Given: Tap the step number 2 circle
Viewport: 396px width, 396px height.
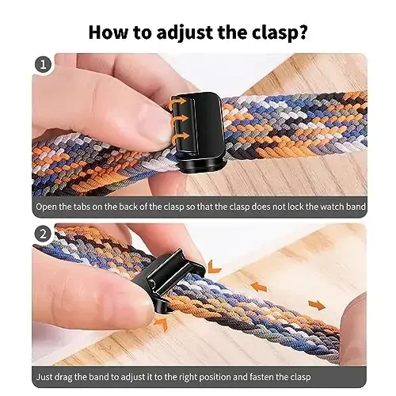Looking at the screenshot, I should coord(44,235).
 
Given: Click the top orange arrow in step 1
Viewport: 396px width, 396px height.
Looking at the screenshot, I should coord(177,103).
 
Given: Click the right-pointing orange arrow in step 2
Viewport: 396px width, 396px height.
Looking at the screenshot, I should coord(315,304).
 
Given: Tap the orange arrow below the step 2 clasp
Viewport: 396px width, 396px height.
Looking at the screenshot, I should coord(161,325).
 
